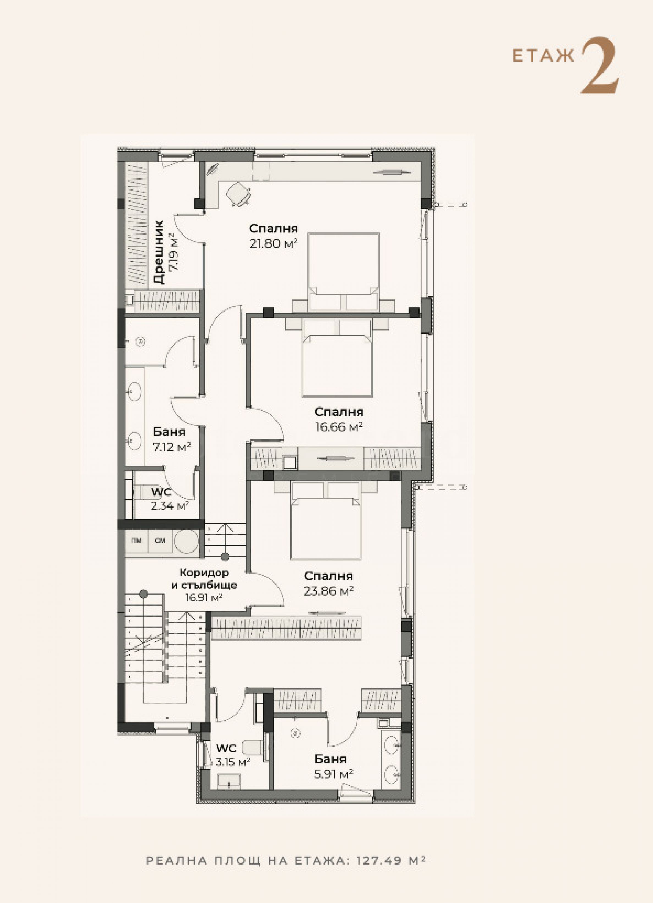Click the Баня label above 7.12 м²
click(x=170, y=432)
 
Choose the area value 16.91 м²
click(x=204, y=597)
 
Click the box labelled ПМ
click(x=137, y=541)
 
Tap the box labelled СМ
click(x=160, y=541)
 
